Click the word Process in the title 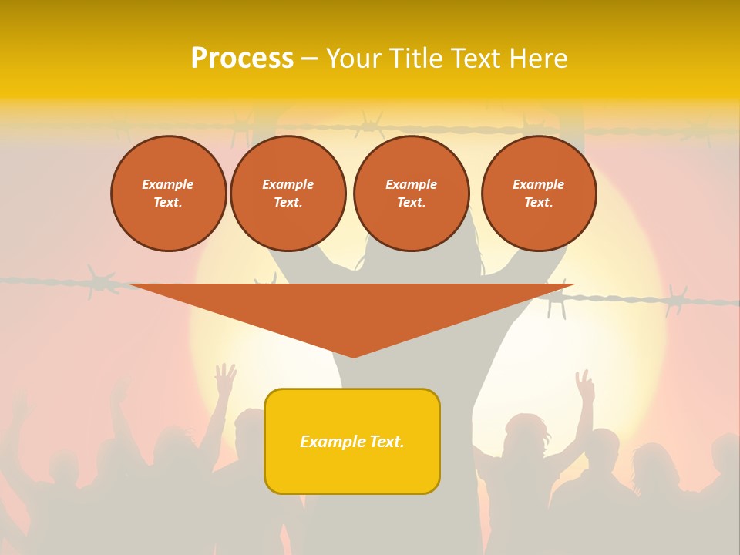242,59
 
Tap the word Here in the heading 537,59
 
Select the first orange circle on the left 169,193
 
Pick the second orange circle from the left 288,193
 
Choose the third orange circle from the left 411,193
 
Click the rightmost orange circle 539,193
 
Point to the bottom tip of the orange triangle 354,356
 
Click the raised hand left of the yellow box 225,378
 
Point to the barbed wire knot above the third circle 370,123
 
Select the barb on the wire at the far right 676,299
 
